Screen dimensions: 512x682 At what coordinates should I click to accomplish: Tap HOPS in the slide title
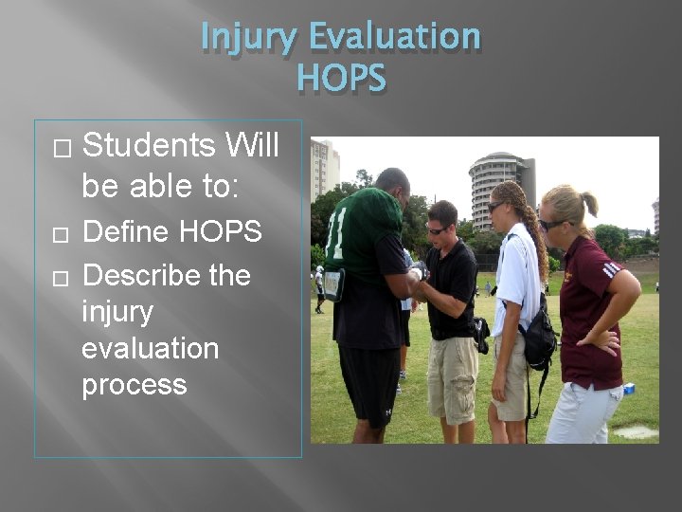tap(341, 78)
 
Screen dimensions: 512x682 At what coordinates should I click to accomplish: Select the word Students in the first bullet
tap(148, 146)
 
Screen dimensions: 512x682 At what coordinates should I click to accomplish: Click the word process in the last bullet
tap(134, 385)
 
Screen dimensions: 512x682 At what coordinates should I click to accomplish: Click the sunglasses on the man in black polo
tap(437, 229)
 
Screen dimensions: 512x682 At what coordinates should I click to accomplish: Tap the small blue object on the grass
tap(628, 389)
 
